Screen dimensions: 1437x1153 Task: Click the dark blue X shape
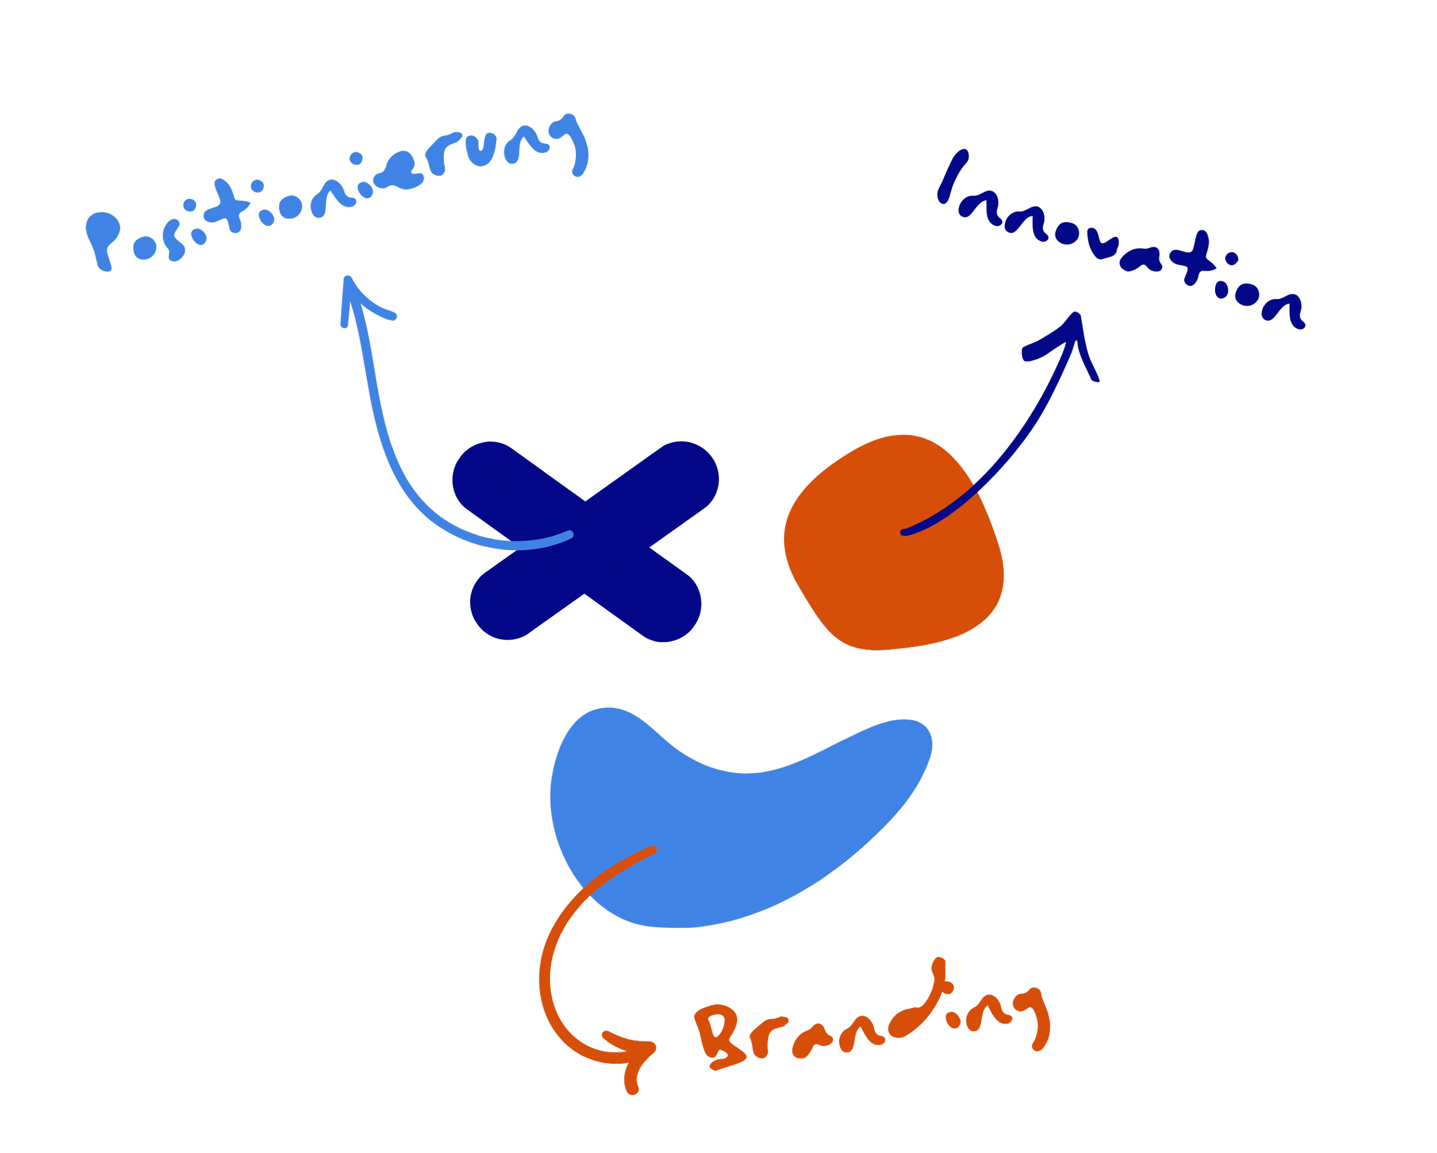pos(585,541)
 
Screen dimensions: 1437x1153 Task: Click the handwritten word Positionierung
pos(333,193)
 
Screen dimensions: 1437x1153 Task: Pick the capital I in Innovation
pos(952,176)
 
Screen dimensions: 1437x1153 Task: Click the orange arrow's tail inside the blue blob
pos(652,850)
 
